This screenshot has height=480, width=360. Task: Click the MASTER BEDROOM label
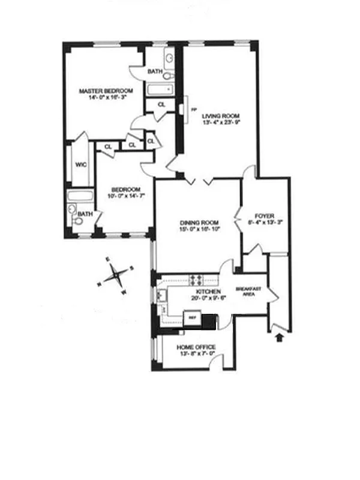pos(106,91)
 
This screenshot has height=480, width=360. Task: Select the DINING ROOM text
pos(197,222)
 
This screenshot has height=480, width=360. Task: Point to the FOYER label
pos(264,215)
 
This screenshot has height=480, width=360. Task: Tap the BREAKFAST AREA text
pos(247,291)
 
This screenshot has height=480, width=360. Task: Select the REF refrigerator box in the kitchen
pos(193,317)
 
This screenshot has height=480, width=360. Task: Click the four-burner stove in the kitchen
pos(196,278)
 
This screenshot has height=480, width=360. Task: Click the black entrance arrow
pos(278,339)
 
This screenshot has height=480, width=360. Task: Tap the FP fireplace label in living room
pos(193,110)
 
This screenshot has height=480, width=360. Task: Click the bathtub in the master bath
pos(160,90)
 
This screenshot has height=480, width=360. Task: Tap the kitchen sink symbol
pos(161,295)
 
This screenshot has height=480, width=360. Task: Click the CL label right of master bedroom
pos(161,104)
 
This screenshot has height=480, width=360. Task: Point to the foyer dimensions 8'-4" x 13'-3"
pos(264,221)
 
